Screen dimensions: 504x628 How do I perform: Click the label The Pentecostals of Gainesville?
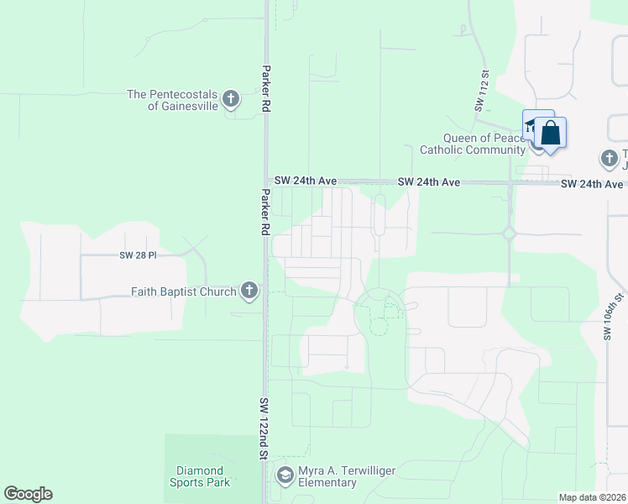pos(172,101)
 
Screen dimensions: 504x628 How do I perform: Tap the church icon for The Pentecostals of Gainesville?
pos(231,101)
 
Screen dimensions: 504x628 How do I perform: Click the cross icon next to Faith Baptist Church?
pos(249,291)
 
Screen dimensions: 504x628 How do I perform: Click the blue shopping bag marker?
pos(550,134)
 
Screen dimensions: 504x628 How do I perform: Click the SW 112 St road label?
pos(481,90)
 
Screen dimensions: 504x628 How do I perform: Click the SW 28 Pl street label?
pos(139,254)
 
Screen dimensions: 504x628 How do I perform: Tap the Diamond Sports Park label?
pos(200,476)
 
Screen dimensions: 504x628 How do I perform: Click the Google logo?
pos(28,494)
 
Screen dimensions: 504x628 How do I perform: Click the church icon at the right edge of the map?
pos(608,158)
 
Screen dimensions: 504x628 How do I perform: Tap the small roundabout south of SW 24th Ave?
pos(508,234)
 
